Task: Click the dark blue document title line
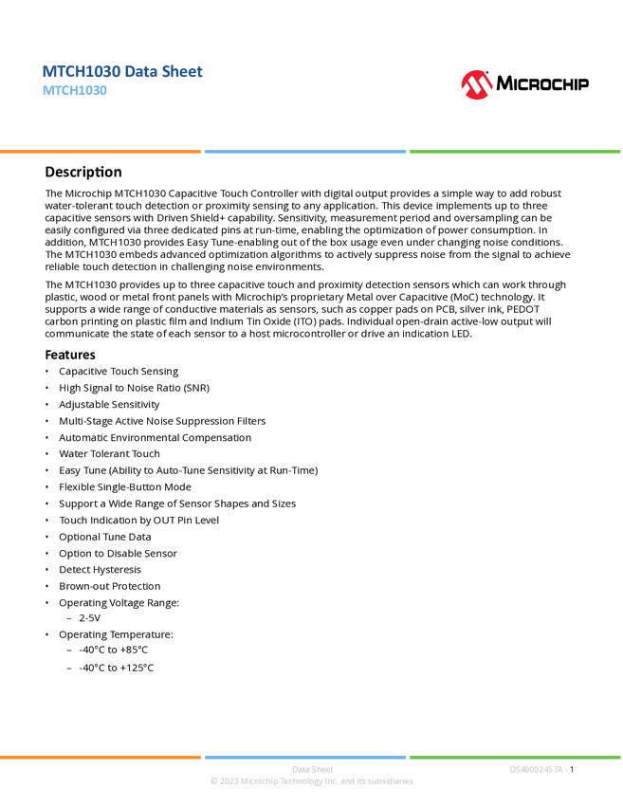[x=122, y=72]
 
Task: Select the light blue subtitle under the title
[x=75, y=91]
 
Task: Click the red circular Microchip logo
[x=476, y=85]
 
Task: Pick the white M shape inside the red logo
[x=476, y=87]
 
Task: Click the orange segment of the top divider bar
[x=101, y=152]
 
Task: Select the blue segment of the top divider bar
[x=304, y=152]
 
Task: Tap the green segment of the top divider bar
[x=515, y=152]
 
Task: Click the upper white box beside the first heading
[x=23, y=172]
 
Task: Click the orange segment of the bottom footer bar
[x=101, y=757]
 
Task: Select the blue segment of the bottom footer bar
[x=304, y=757]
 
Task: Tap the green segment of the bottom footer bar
[x=515, y=757]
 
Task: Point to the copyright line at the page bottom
[x=311, y=782]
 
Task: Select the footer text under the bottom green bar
[x=539, y=769]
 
